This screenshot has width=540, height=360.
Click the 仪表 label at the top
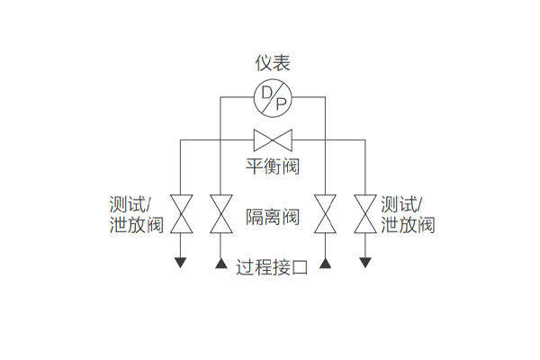click(x=272, y=63)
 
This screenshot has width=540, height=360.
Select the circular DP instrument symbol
click(x=272, y=98)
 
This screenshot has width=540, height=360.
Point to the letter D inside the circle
click(x=266, y=92)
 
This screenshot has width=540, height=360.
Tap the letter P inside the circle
click(x=280, y=104)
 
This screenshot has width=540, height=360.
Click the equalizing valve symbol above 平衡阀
click(x=273, y=140)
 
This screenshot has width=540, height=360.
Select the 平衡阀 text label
click(x=272, y=166)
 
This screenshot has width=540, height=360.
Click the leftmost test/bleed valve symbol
click(x=181, y=213)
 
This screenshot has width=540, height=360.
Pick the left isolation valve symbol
click(x=220, y=213)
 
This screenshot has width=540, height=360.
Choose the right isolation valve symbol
click(x=325, y=213)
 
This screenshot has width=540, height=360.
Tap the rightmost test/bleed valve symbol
click(x=364, y=213)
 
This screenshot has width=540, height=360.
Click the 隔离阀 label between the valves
click(x=272, y=218)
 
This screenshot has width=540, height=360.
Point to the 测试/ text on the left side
click(x=134, y=203)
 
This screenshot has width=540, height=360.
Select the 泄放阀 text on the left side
click(x=135, y=225)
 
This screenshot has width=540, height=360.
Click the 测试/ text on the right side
click(x=402, y=203)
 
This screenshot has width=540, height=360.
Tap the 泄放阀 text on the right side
click(x=408, y=225)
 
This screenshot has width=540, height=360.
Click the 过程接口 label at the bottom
click(x=272, y=267)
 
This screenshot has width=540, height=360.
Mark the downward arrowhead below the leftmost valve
click(x=181, y=262)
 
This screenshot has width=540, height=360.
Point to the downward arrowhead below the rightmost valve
click(x=364, y=262)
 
